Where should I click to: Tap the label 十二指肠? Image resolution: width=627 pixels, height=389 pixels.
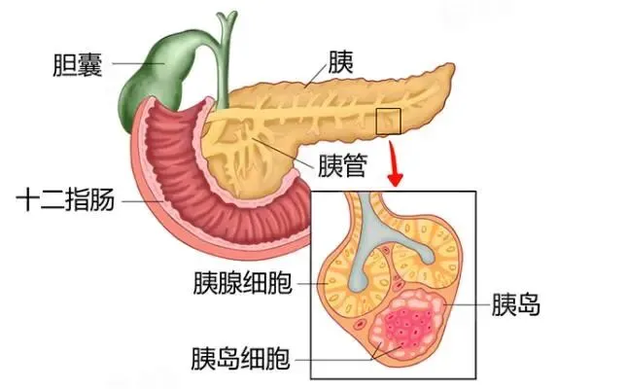pyautogui.click(x=66, y=201)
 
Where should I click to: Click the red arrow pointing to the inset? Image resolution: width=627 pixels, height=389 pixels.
pyautogui.click(x=394, y=166)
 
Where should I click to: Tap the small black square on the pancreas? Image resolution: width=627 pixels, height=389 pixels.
pyautogui.click(x=388, y=121)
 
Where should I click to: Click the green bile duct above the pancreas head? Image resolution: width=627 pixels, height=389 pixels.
pyautogui.click(x=226, y=53)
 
